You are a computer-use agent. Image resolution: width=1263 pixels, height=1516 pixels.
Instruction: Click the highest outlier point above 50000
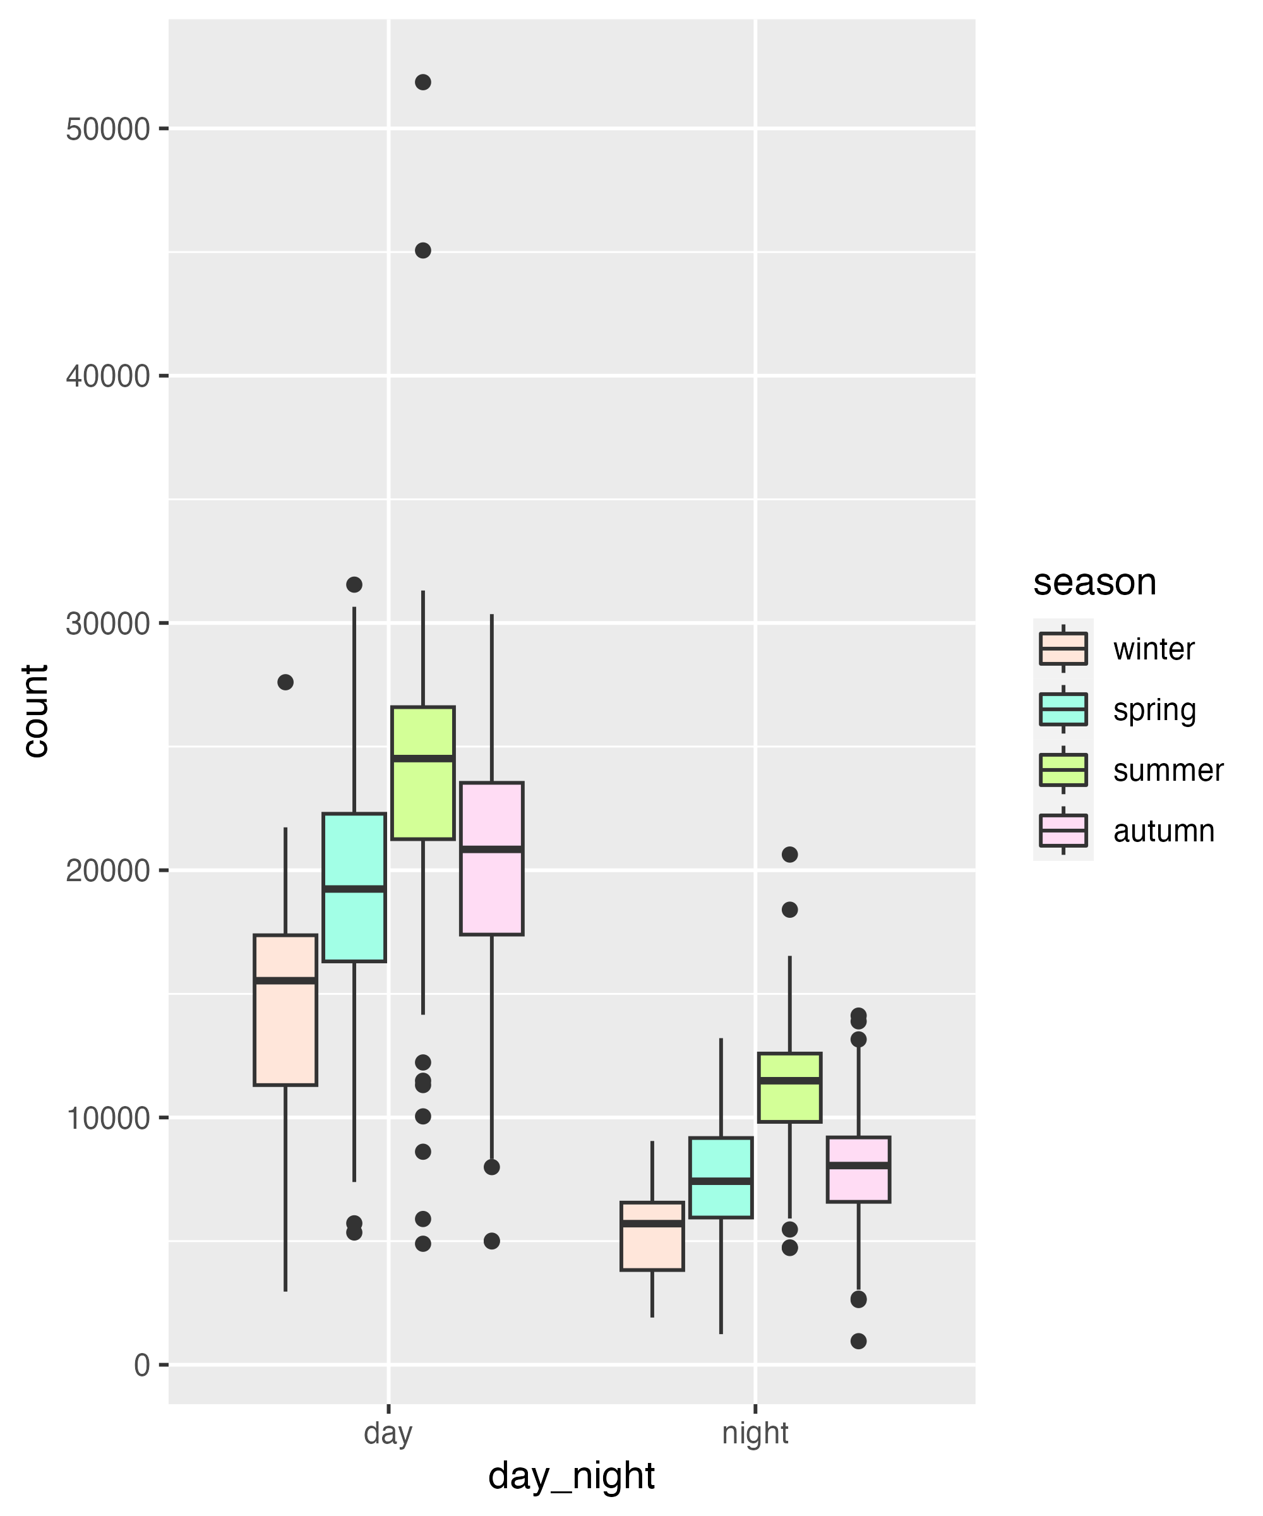(423, 82)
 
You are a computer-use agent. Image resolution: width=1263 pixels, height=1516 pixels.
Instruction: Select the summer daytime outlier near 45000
(423, 251)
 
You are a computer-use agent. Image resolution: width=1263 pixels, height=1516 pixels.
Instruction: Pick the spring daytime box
(354, 887)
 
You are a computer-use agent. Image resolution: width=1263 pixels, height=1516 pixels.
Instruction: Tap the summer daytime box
(423, 773)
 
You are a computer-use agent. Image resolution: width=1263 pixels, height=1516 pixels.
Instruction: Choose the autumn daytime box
(491, 858)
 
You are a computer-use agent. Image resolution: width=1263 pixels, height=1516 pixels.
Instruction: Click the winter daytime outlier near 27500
(286, 682)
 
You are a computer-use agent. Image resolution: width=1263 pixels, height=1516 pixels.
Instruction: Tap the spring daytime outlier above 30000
(354, 584)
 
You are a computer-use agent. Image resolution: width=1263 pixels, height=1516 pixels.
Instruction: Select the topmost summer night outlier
(789, 855)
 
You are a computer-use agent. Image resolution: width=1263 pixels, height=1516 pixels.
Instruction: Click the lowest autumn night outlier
(858, 1341)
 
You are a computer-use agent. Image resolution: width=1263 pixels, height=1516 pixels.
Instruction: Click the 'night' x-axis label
(755, 1433)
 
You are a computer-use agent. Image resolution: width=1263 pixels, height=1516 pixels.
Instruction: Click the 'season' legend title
(1094, 582)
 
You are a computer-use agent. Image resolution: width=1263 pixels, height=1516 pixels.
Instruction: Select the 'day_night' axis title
(572, 1476)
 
